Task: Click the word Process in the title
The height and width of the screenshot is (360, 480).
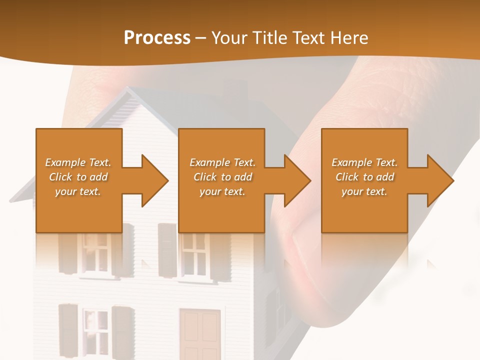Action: point(157,38)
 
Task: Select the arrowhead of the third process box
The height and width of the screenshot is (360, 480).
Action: point(440,180)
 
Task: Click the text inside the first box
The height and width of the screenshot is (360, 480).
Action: point(78,177)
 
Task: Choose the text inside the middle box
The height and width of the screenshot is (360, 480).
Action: point(222,177)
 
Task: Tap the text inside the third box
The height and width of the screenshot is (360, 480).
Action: point(364,177)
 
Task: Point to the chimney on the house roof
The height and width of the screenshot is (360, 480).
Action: point(235,90)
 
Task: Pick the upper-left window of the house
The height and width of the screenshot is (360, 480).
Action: point(95,252)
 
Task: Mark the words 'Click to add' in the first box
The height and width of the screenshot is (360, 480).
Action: point(78,177)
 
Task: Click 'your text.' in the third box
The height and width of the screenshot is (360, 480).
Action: point(364,191)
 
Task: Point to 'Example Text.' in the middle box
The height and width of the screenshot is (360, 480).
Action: point(222,162)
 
